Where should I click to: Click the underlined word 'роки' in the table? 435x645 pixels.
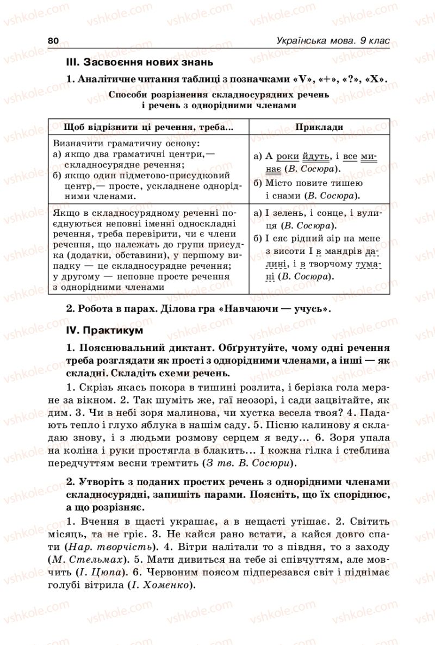288,157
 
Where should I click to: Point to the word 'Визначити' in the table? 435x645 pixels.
75,145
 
